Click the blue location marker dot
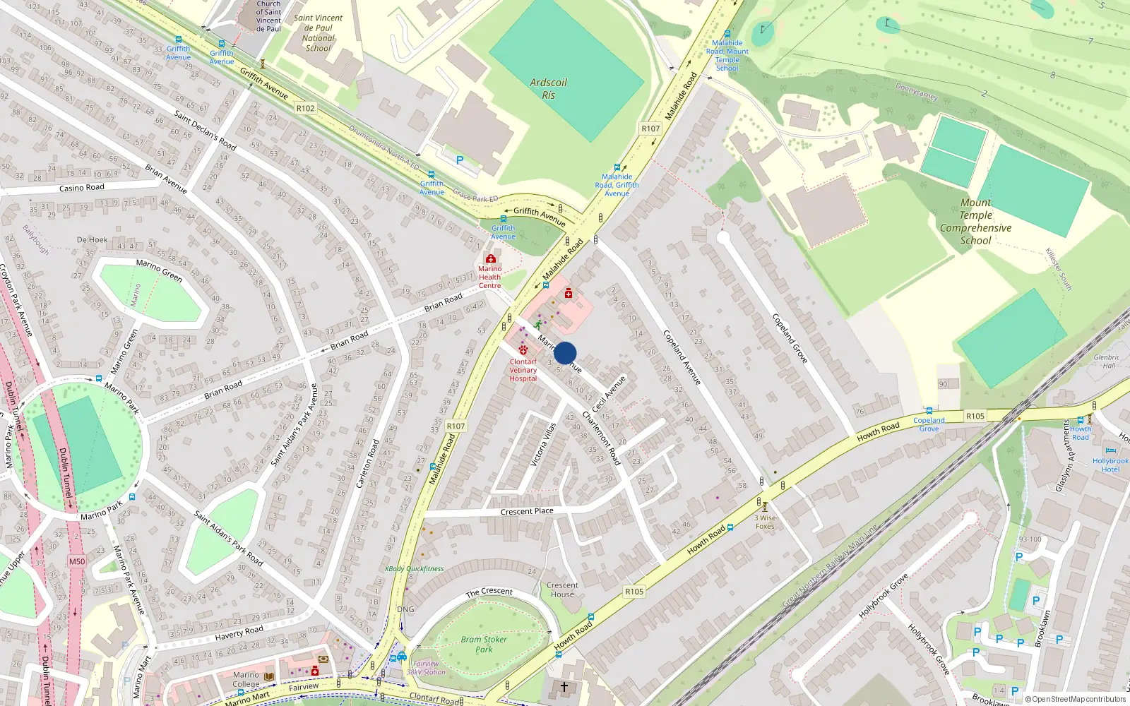(565, 353)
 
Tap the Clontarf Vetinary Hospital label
(523, 370)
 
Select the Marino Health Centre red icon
(491, 258)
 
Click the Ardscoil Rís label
(549, 89)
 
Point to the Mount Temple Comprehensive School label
(975, 222)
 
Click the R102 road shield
(305, 108)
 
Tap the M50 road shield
(77, 561)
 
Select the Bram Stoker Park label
(484, 644)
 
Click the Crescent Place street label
(527, 511)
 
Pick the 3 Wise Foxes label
(765, 522)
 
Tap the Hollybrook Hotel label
(1110, 465)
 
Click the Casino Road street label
(81, 188)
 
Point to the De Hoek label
(93, 239)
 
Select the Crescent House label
(562, 590)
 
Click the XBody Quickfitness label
(415, 568)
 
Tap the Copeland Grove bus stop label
(929, 424)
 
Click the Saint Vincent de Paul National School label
(318, 33)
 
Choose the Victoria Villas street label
(543, 444)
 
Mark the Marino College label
(246, 679)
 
